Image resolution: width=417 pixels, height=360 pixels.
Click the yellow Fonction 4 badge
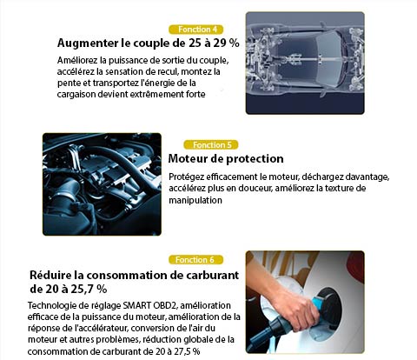coord(196,30)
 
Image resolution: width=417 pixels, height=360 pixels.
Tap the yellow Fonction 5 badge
coord(211,145)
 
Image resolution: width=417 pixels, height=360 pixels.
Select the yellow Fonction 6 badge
coord(196,260)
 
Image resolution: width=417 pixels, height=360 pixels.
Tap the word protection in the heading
coord(255,159)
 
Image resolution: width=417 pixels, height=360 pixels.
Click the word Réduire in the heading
coord(50,275)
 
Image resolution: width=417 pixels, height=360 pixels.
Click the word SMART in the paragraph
coord(136,305)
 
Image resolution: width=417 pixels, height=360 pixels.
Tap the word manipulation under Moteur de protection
coord(195,200)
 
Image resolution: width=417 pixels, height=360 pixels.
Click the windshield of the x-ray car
coord(328,62)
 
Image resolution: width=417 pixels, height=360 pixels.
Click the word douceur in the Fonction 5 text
coord(255,189)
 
